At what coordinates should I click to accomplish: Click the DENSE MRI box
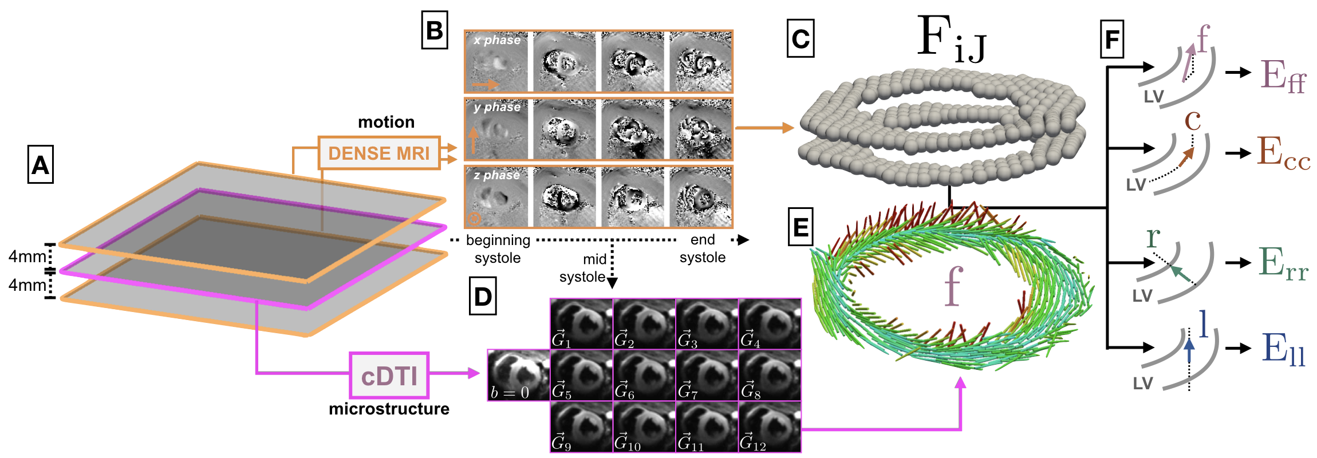tap(378, 153)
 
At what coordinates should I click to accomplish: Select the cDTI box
tap(389, 376)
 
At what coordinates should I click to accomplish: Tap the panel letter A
tap(40, 165)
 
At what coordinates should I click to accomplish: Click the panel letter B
tap(434, 30)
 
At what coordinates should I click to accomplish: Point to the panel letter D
tap(483, 297)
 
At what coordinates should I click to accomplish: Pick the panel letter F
tap(1111, 39)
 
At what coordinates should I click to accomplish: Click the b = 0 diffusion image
tap(518, 375)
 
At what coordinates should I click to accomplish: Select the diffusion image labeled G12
tap(770, 427)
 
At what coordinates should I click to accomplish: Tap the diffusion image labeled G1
tap(581, 323)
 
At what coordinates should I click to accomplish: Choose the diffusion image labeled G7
tap(707, 375)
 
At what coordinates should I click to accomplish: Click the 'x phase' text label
tap(497, 40)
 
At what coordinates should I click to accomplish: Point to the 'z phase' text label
tap(496, 175)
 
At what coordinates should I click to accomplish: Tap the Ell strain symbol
tap(1283, 349)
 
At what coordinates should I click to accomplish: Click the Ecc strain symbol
tap(1283, 153)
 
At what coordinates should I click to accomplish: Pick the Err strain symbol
tap(1283, 263)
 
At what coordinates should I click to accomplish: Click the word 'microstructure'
tap(389, 409)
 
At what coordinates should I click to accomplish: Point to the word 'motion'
tap(386, 122)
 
